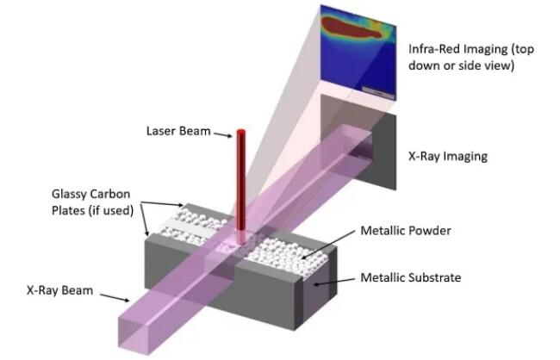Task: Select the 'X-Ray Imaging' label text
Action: (447, 157)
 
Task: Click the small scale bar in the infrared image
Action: (374, 88)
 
